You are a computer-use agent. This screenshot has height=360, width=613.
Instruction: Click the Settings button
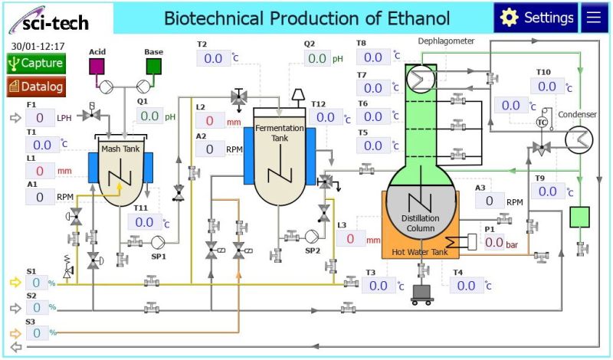[x=536, y=18]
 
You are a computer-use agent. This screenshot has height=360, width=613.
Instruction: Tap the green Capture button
[x=36, y=64]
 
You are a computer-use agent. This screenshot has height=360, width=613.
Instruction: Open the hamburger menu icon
[x=595, y=18]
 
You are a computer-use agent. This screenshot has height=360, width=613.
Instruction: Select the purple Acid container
[x=97, y=66]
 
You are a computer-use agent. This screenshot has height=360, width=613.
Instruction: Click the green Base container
[x=154, y=66]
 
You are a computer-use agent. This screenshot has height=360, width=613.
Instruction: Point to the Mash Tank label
[x=120, y=149]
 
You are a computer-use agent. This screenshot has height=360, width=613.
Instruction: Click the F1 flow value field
[x=40, y=117]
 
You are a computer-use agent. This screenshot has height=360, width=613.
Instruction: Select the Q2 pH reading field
[x=316, y=58]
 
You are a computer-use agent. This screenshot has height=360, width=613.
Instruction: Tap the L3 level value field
[x=351, y=238]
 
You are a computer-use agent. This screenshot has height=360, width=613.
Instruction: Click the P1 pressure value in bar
[x=493, y=242]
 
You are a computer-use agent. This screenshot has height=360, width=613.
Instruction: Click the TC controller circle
[x=543, y=123]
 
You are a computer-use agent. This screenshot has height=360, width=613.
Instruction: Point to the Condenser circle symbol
[x=577, y=139]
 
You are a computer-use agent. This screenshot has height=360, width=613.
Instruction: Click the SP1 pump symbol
[x=159, y=241]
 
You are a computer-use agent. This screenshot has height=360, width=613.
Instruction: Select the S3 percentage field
[x=36, y=332]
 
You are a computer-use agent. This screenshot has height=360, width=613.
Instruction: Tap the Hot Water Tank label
[x=418, y=250]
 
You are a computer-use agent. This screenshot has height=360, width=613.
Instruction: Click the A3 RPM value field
[x=489, y=201]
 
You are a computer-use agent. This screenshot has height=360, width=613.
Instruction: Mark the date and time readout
[x=38, y=46]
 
